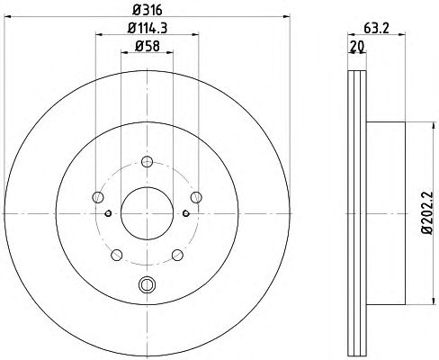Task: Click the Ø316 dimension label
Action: pos(148,10)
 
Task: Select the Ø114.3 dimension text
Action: pos(148,28)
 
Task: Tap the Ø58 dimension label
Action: pos(148,46)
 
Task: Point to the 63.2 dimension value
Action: pos(376,28)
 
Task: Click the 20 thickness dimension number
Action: pos(357,46)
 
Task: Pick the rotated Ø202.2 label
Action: pos(426,212)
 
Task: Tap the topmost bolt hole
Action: pos(147,162)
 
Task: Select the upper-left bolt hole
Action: pos(98,197)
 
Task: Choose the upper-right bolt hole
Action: pos(196,197)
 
